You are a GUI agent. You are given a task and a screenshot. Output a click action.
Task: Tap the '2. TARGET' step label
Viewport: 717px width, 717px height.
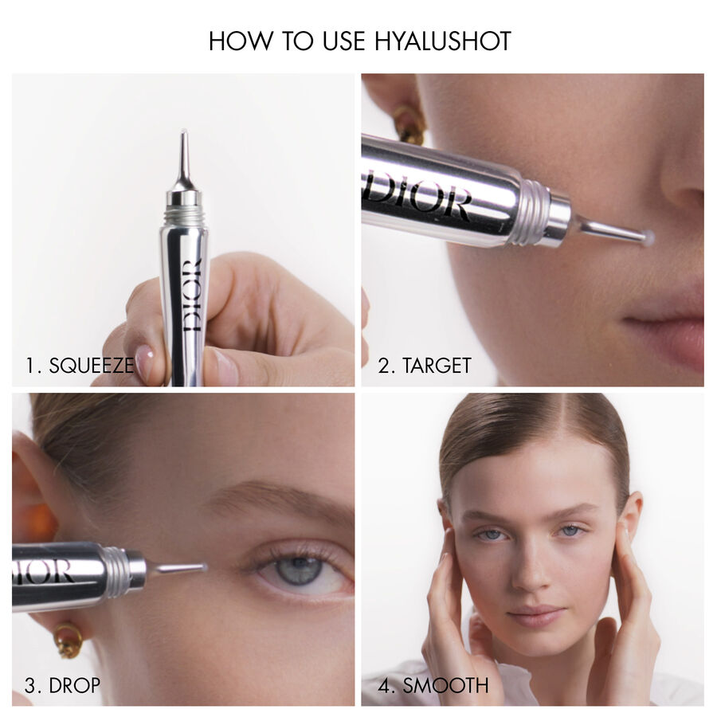tap(425, 366)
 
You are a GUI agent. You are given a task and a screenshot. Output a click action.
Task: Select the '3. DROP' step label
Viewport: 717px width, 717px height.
tap(62, 685)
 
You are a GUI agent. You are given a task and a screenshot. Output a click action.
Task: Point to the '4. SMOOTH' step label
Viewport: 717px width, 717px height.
tap(433, 685)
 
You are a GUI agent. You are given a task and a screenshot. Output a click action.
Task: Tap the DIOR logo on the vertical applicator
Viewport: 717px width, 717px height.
tap(192, 295)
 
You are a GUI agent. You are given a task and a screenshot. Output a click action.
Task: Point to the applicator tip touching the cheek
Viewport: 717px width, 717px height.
tap(647, 237)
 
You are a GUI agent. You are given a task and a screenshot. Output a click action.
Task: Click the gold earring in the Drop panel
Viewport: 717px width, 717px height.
tap(69, 638)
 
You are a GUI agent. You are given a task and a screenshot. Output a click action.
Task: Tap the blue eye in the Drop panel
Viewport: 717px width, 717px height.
tap(300, 570)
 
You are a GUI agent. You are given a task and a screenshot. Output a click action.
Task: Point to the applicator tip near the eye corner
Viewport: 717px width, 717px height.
tap(202, 567)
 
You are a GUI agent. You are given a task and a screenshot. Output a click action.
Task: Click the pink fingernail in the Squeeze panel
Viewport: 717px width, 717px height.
tap(144, 363)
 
